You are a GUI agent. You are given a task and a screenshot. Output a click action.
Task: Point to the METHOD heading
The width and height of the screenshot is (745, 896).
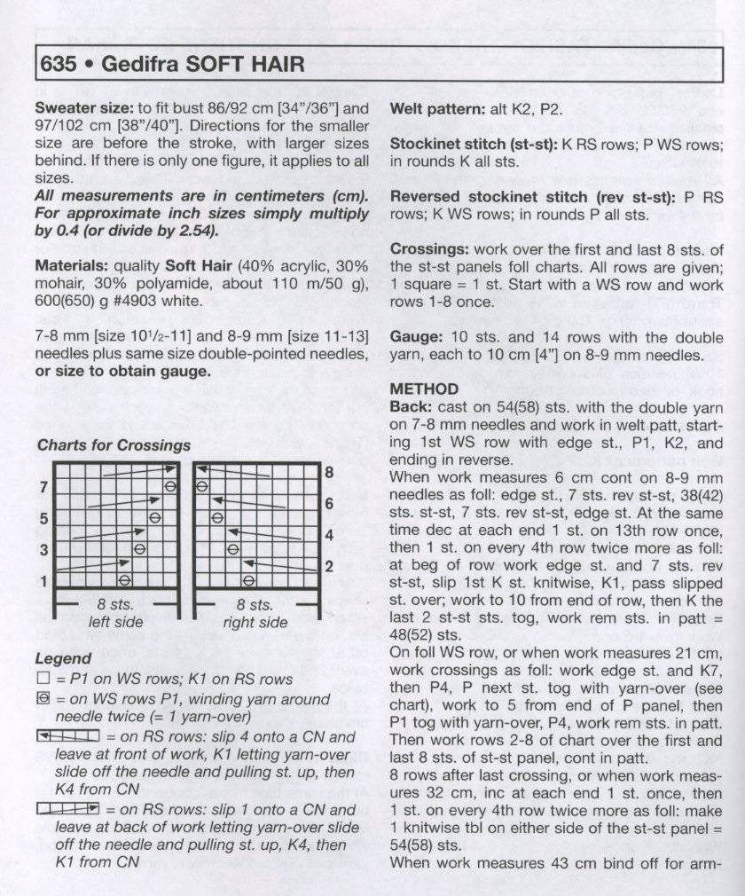(x=424, y=389)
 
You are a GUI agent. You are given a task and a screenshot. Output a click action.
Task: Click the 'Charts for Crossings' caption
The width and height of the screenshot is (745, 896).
(x=114, y=445)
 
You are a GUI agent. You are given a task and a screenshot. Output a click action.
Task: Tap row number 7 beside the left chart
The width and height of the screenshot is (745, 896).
(x=43, y=488)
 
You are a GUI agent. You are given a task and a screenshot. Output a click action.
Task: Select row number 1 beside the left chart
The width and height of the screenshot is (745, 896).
(x=43, y=580)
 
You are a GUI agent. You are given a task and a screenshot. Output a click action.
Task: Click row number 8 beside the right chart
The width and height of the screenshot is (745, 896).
(x=329, y=473)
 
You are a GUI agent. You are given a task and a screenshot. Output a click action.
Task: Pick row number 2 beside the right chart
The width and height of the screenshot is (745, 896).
(x=329, y=566)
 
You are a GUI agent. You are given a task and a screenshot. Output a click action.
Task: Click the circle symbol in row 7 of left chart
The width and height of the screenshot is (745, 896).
(x=170, y=487)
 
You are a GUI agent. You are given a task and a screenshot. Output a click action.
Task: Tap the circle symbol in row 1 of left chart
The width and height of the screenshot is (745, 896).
(x=125, y=580)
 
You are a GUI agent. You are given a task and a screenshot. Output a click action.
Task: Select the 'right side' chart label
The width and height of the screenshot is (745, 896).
(x=255, y=623)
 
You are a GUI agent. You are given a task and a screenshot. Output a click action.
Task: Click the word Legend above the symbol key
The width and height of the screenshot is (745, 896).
(x=62, y=659)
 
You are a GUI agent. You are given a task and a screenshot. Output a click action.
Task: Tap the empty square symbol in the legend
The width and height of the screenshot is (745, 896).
(x=42, y=680)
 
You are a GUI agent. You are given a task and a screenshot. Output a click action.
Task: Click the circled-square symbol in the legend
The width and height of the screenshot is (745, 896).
(x=42, y=700)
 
